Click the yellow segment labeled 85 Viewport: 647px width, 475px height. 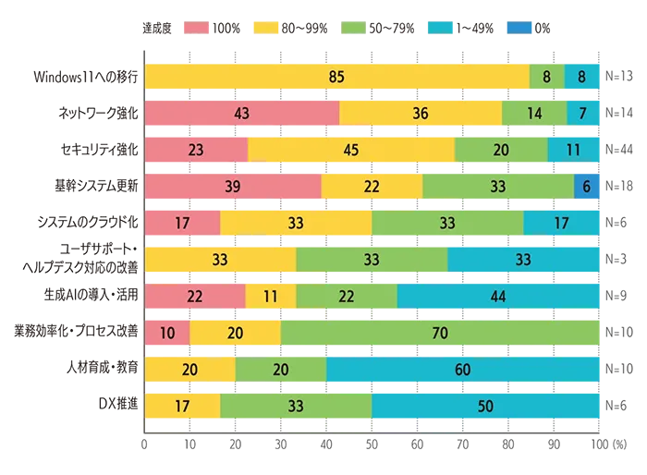[336, 77]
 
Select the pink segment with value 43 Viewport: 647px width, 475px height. [242, 113]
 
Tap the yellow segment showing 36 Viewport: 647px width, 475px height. [421, 113]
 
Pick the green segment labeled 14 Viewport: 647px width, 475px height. [534, 113]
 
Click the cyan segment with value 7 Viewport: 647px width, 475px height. [582, 113]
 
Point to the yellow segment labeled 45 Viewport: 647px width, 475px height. [351, 149]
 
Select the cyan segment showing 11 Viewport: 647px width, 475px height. [573, 149]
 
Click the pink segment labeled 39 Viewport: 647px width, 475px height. [233, 185]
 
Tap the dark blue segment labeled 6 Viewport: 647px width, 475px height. [587, 185]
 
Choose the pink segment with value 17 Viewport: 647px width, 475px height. [183, 222]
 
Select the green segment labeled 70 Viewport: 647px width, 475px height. [440, 332]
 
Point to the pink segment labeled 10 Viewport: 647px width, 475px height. [167, 332]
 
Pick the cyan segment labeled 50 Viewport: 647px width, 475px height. [486, 405]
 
